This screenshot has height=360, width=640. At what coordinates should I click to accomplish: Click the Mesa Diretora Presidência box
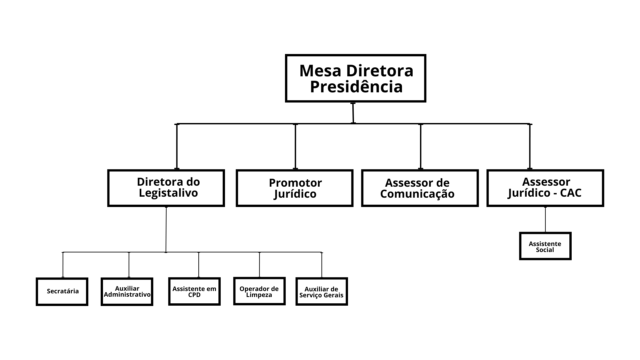356,78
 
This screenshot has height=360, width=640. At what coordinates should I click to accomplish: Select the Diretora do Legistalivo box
166,188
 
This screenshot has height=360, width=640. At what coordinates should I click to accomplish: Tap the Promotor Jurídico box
294,188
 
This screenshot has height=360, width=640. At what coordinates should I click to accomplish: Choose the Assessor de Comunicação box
420,188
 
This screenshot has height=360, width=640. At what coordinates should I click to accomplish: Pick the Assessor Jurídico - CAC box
545,188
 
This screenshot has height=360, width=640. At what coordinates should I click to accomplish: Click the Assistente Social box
545,246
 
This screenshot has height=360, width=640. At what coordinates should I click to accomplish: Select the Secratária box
62,291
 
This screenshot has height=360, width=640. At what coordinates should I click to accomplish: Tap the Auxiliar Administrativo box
127,292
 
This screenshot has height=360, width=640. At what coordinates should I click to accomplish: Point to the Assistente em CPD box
194,291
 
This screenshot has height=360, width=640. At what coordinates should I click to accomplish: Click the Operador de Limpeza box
259,291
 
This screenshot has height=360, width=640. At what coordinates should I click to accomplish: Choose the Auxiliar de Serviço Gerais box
321,291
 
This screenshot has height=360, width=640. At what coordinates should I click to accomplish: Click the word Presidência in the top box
356,87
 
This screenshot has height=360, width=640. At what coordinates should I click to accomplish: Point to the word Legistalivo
168,193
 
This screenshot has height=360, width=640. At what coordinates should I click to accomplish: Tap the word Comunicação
417,194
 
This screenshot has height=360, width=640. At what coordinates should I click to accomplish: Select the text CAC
571,193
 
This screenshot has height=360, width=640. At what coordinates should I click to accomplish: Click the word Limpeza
259,295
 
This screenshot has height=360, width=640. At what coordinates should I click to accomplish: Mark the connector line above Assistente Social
545,219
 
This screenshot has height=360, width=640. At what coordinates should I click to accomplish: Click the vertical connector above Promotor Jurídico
295,147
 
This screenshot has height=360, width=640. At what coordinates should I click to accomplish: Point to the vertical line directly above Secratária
63,265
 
